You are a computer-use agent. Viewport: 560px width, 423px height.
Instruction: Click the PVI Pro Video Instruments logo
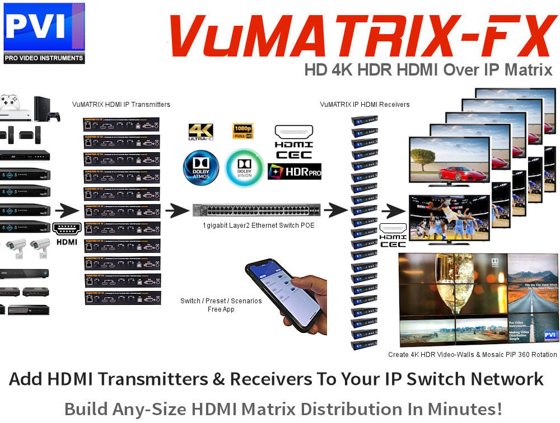pos(44,33)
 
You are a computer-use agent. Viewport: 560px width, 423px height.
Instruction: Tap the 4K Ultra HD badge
pos(201,132)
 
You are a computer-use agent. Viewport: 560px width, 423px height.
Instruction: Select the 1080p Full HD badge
pos(243,131)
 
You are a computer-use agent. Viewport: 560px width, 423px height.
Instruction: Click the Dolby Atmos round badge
pos(201,167)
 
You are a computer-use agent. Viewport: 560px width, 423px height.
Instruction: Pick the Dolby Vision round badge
pos(244,167)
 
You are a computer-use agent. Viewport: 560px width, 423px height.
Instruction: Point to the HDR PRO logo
pos(295,171)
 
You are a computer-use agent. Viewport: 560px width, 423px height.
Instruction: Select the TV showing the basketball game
pos(449,219)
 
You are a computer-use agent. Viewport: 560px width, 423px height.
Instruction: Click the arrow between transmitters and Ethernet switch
pos(178,211)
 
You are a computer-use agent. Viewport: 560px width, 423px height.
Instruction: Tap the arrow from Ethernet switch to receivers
pos(336,210)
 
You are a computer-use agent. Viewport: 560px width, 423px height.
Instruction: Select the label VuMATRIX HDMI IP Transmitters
pos(121,105)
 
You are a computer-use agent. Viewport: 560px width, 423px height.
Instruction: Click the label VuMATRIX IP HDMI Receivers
pos(365,105)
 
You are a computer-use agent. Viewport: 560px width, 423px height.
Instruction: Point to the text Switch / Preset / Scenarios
pos(221,301)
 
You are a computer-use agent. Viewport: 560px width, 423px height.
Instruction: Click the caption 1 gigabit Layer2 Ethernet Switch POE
pos(259,225)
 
